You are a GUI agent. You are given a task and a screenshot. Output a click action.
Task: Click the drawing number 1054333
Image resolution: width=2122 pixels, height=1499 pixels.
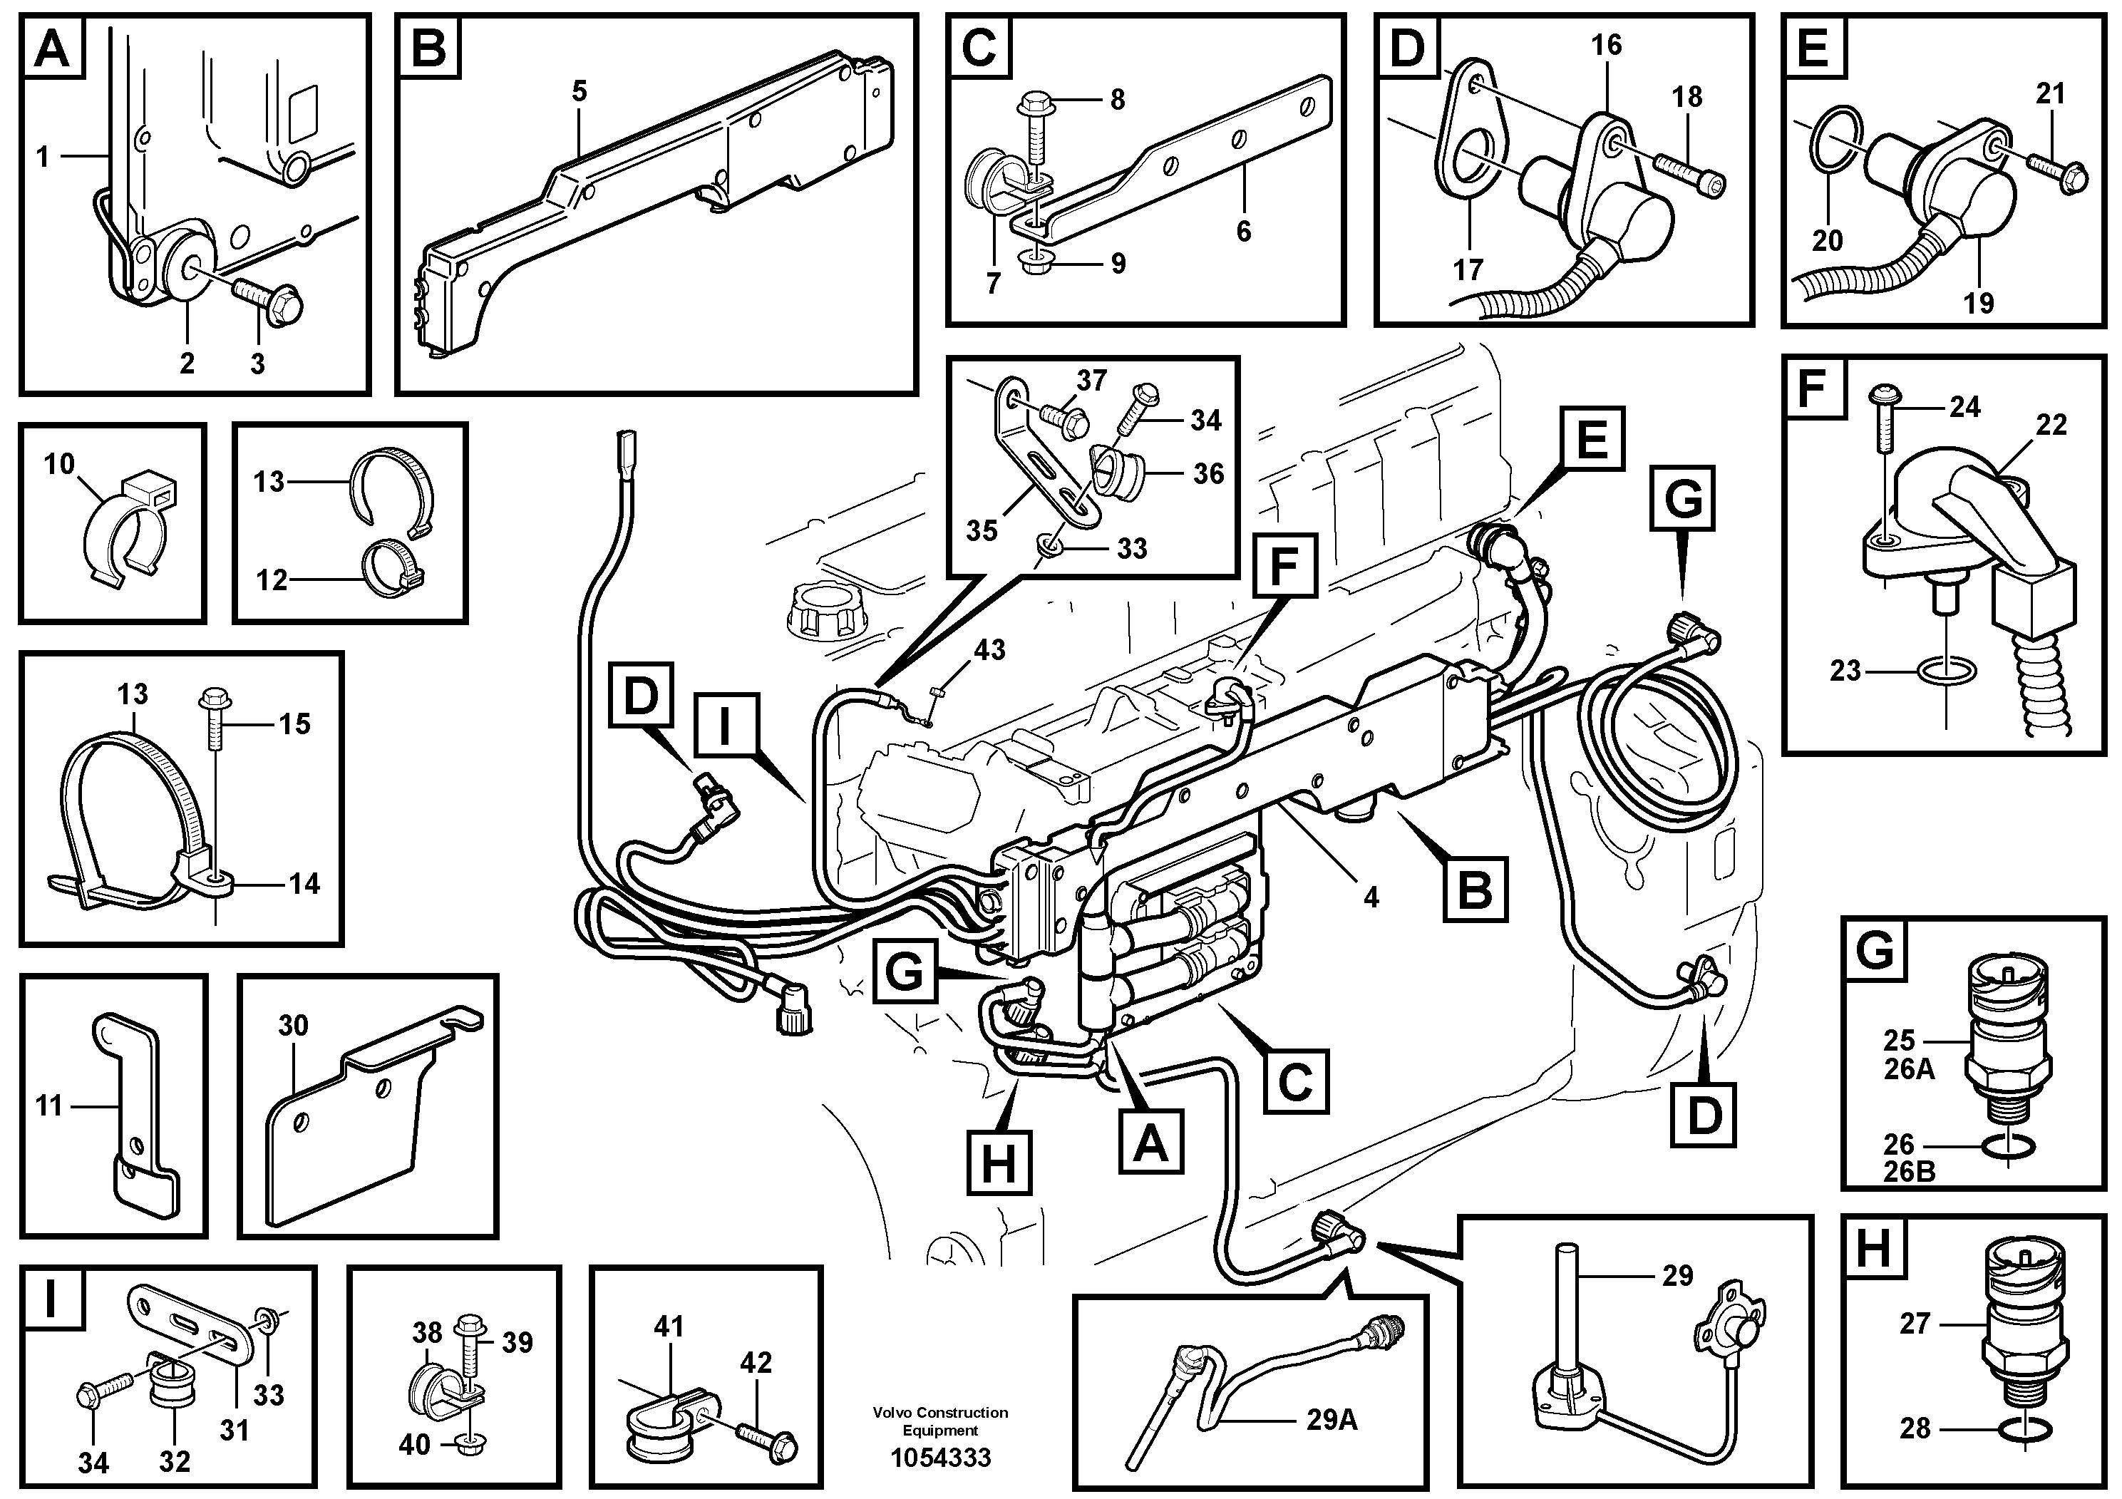coord(940,1458)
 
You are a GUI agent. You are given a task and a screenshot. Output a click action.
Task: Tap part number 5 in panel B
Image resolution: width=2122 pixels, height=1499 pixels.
coord(580,91)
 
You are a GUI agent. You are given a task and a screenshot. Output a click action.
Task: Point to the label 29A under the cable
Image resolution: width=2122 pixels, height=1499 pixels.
coord(1331,1419)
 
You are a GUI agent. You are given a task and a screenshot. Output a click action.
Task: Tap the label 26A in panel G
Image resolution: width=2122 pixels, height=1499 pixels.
coord(1908,1068)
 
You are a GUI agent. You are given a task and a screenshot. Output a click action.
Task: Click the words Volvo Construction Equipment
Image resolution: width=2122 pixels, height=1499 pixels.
coord(940,1421)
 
